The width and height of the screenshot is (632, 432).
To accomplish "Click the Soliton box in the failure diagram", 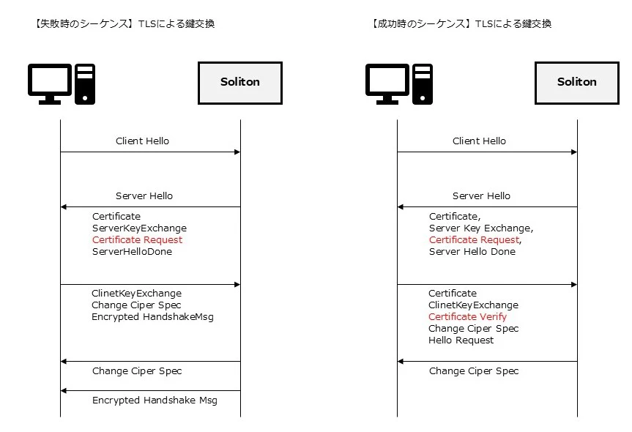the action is [239, 83].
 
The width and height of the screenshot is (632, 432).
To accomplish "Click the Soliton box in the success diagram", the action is [577, 83].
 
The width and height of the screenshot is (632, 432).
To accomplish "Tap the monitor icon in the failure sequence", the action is [50, 83].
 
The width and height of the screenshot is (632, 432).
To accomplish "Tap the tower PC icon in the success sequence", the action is [423, 83].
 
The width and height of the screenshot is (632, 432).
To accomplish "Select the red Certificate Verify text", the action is [467, 317].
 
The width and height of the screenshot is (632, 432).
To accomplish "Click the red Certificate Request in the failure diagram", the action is [137, 239].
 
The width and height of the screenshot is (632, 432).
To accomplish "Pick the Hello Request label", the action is [461, 340].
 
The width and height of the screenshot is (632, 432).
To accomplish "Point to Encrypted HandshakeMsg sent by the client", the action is [152, 317].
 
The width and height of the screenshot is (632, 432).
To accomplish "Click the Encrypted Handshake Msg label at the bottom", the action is [155, 401].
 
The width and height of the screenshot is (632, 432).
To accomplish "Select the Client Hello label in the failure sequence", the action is [142, 141].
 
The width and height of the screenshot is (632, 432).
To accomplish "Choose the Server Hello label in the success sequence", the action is [481, 195].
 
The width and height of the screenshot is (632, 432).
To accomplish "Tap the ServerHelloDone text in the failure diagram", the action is [132, 251].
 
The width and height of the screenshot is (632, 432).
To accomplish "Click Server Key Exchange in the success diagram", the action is [480, 228].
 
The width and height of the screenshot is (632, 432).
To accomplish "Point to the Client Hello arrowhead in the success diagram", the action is [574, 152].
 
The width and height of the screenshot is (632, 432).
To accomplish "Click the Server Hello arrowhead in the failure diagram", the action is [63, 206].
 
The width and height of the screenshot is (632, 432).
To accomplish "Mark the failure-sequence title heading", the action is [124, 23].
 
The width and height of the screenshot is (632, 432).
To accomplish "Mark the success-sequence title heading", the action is [461, 23].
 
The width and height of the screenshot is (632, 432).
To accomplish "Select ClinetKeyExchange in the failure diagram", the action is [136, 294].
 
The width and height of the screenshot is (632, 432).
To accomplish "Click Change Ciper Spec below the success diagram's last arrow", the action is [474, 370].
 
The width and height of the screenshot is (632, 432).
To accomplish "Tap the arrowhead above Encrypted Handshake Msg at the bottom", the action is [63, 390].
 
